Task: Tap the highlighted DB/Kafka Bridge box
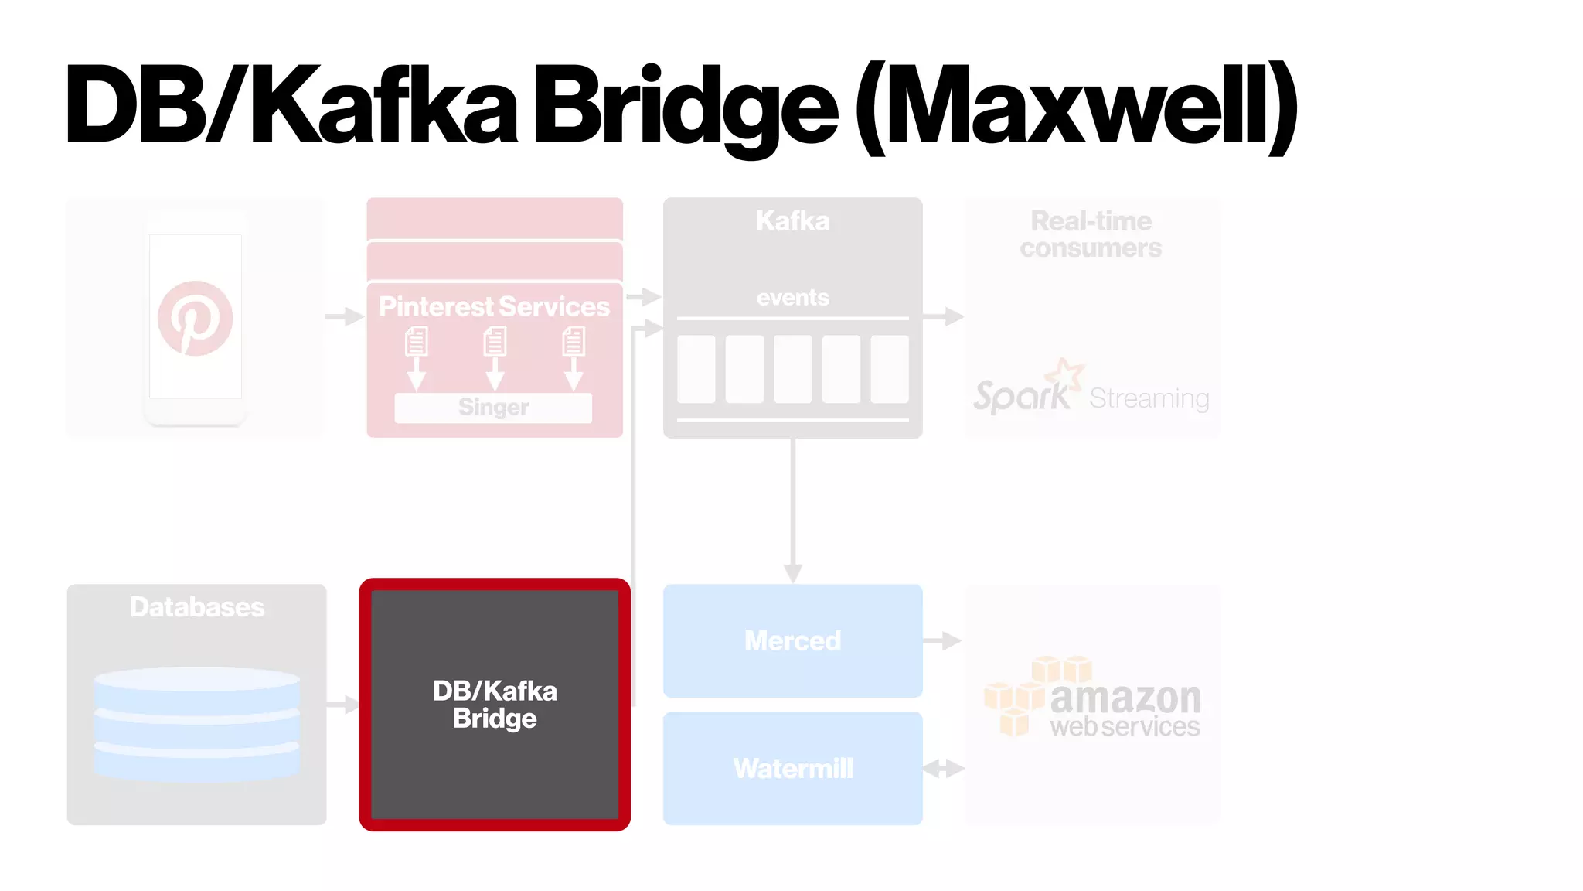pyautogui.click(x=495, y=705)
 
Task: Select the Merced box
pyautogui.click(x=792, y=640)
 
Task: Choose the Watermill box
pyautogui.click(x=792, y=768)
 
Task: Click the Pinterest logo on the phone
pyautogui.click(x=195, y=318)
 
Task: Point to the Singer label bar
pyautogui.click(x=493, y=407)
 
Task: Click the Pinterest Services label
pyautogui.click(x=494, y=306)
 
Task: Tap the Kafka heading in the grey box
pyautogui.click(x=792, y=221)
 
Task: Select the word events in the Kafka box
pyautogui.click(x=792, y=297)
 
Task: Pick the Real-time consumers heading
pyautogui.click(x=1091, y=234)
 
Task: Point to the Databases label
pyautogui.click(x=197, y=607)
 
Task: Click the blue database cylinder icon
pyautogui.click(x=196, y=722)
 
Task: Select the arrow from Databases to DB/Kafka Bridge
pyautogui.click(x=342, y=705)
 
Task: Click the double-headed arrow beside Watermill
pyautogui.click(x=943, y=769)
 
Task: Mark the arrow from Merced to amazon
pyautogui.click(x=942, y=640)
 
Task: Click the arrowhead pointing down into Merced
pyautogui.click(x=793, y=573)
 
